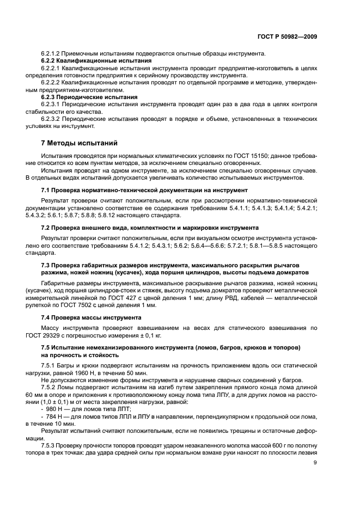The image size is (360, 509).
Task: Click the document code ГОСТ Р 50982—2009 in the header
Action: pyautogui.click(x=287, y=36)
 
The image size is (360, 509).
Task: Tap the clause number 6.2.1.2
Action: pyautogui.click(x=53, y=53)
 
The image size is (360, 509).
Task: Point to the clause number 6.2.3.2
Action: pyautogui.click(x=53, y=118)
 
